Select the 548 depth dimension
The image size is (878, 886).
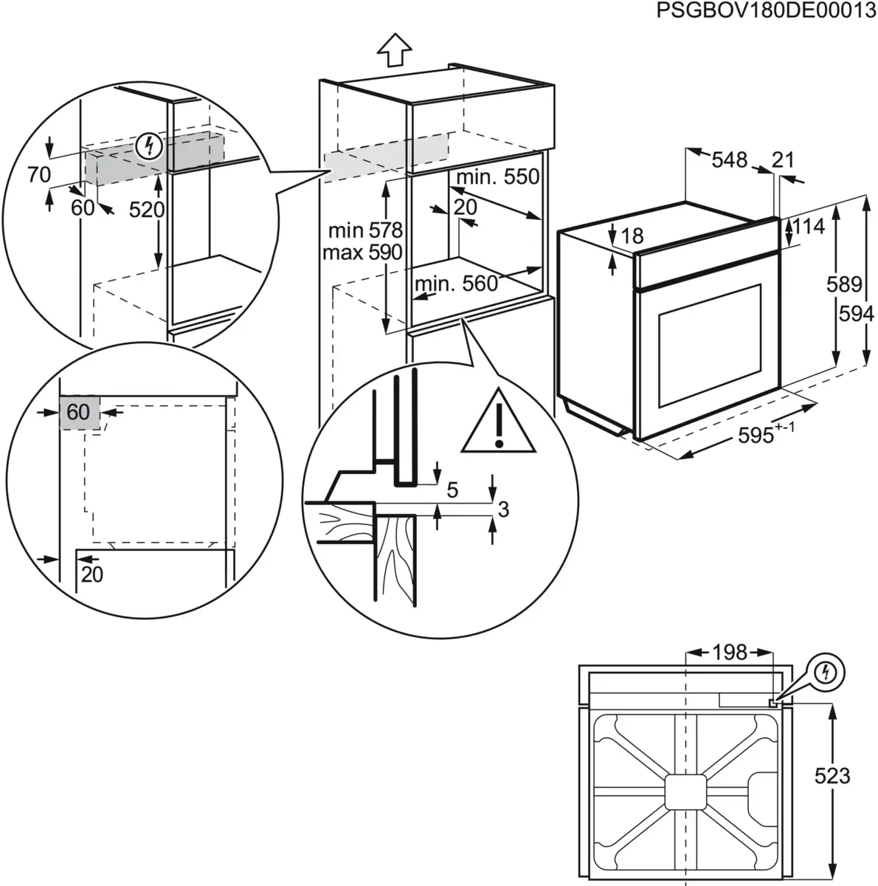point(730,159)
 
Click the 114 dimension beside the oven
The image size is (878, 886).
point(809,227)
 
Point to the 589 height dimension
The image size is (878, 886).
point(844,284)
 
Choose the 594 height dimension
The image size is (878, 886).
point(857,314)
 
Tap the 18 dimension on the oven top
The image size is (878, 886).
point(632,236)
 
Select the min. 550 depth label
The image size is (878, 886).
point(498,177)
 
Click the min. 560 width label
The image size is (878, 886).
point(456,284)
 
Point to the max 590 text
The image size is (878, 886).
point(362,253)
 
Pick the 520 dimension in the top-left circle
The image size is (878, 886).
point(146,210)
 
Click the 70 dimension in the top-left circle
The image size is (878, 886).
point(38,175)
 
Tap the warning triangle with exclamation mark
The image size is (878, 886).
point(499,427)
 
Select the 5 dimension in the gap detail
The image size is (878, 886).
point(452,489)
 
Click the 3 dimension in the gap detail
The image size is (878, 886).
point(503,509)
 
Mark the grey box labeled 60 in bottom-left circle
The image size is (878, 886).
point(78,411)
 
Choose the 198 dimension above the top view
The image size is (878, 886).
point(729,652)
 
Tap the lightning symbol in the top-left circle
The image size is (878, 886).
point(150,146)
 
